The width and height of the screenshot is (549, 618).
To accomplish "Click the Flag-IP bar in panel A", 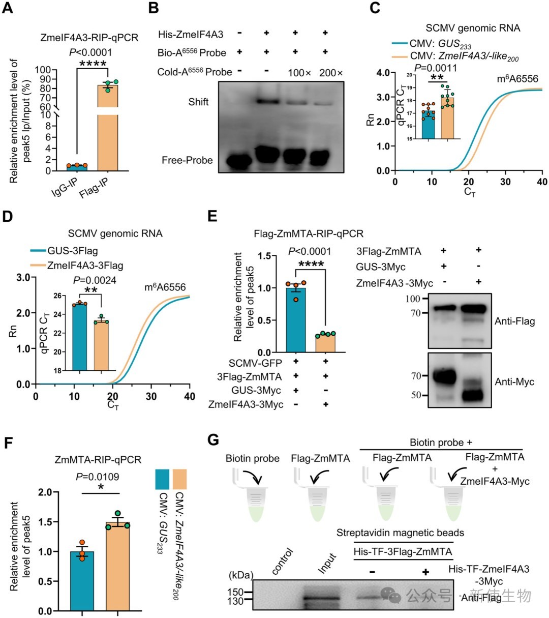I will tap(108, 127).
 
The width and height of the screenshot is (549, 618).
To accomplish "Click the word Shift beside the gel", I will tap(198, 102).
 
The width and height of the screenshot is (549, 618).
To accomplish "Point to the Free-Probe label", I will tap(188, 160).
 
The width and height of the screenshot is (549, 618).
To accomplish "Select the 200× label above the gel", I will tap(331, 73).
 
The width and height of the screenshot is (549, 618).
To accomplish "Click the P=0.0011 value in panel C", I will tap(435, 68).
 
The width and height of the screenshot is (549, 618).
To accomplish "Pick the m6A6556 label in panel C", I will tap(517, 79).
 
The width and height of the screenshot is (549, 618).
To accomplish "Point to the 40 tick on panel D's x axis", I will tap(190, 396).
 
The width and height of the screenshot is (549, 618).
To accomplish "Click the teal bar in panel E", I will tap(296, 320).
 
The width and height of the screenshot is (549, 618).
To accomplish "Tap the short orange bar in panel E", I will tap(325, 343).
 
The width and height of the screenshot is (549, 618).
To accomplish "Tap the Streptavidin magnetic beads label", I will tap(400, 533).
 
